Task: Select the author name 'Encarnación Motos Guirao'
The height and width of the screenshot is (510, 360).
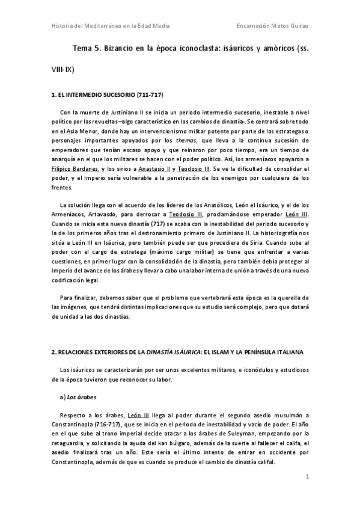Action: point(271,26)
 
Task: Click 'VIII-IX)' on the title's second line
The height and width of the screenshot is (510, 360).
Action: point(62,70)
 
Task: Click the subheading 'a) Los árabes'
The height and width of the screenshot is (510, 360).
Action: point(79,398)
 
